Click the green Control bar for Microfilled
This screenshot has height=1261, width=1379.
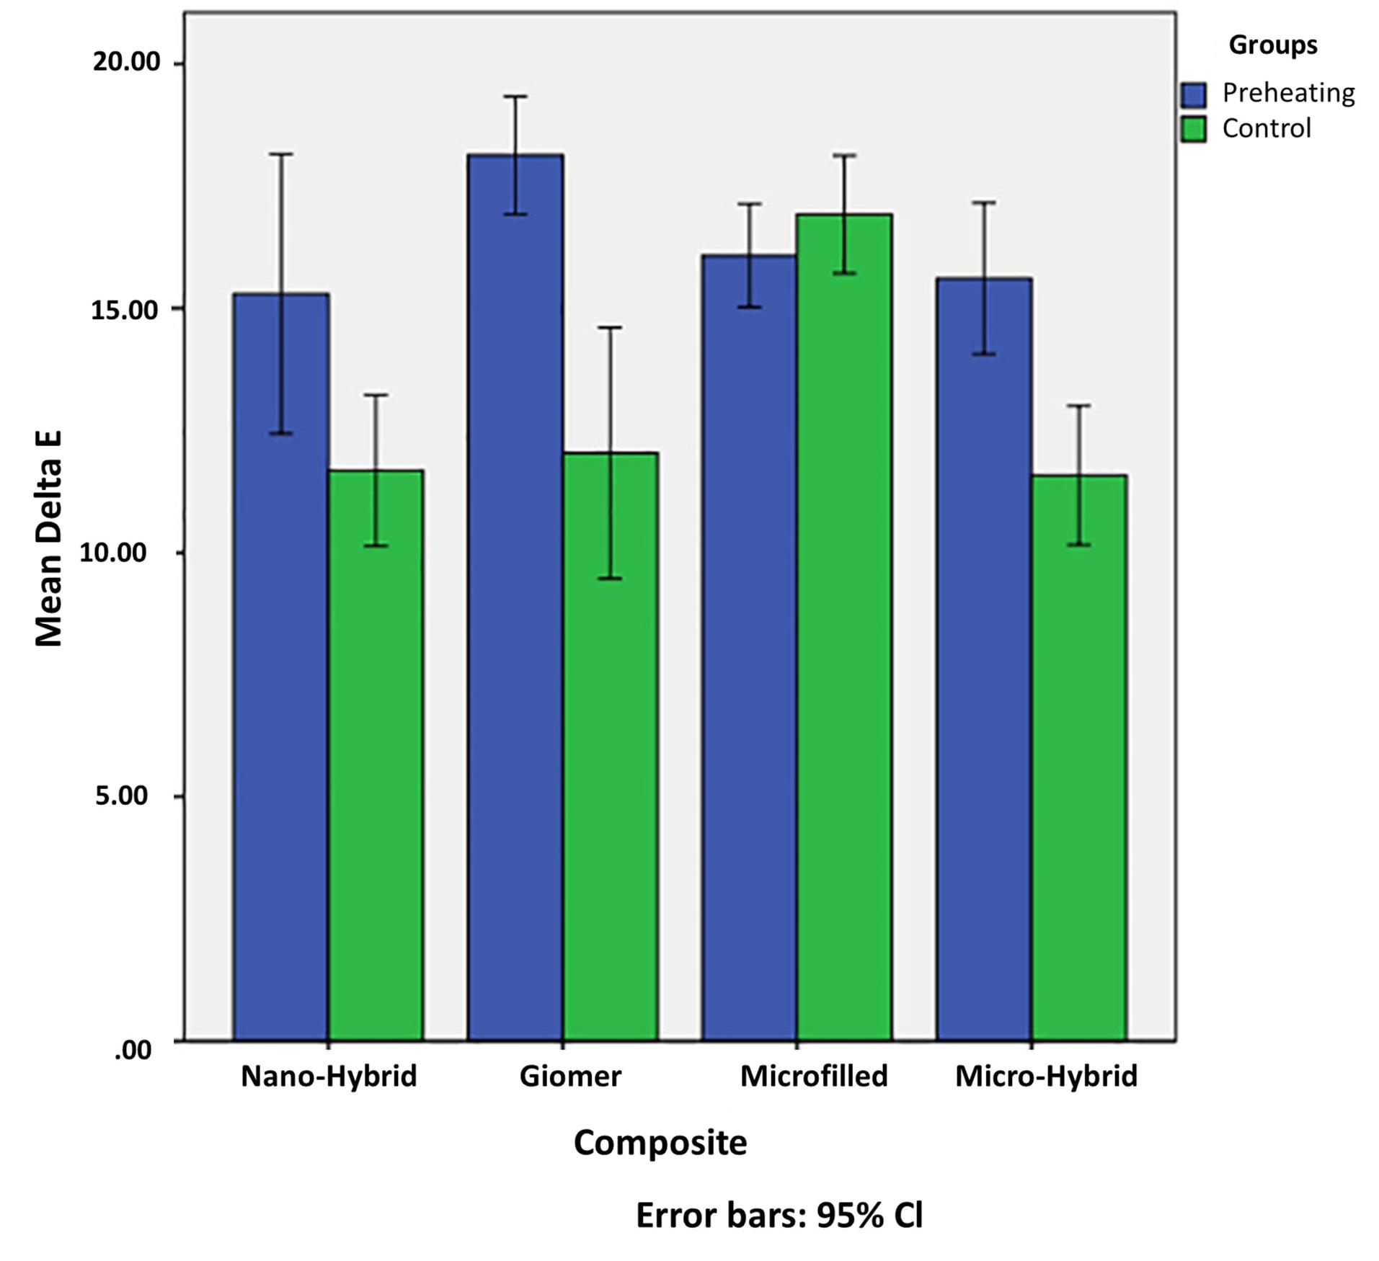(844, 627)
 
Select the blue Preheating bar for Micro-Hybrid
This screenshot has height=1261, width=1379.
(984, 659)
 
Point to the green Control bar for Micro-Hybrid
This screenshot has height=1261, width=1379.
(1079, 757)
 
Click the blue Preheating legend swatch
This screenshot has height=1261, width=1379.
(1193, 94)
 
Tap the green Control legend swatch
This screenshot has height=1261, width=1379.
(1193, 130)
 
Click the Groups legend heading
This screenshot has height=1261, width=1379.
(1273, 45)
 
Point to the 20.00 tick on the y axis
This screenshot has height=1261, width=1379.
(125, 62)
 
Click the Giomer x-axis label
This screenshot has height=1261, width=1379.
(570, 1076)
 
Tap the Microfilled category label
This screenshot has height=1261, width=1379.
(814, 1076)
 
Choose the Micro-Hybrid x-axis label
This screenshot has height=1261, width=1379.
(1046, 1076)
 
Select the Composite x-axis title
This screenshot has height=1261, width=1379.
(660, 1143)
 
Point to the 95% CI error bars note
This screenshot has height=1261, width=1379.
(779, 1216)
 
